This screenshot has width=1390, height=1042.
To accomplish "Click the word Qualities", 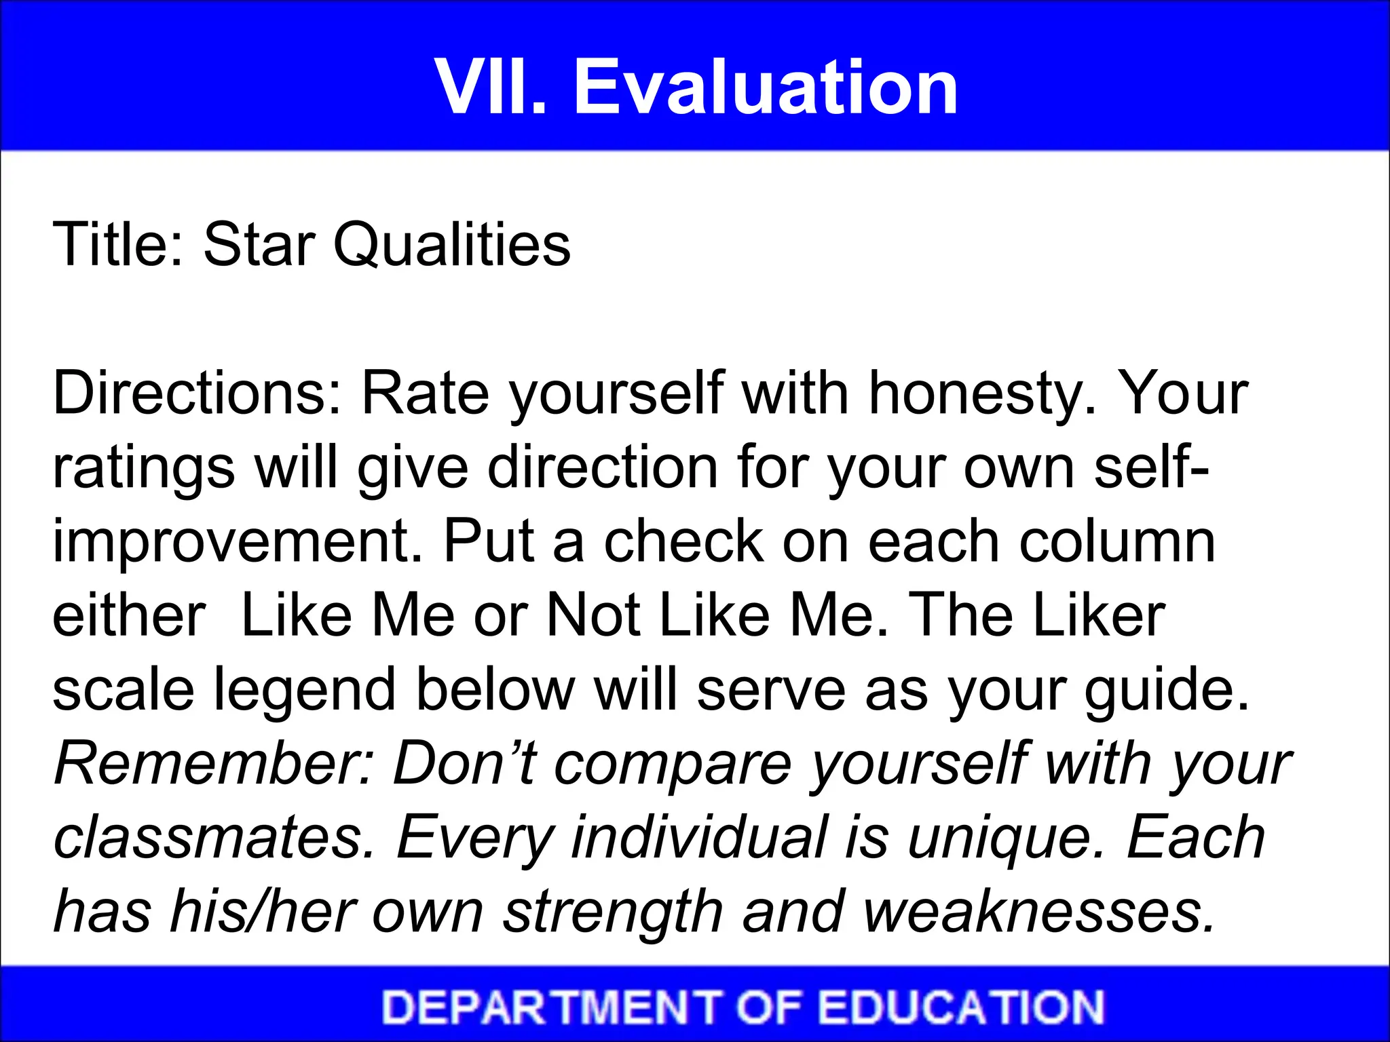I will [x=451, y=246].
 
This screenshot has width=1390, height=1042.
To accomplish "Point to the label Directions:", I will [x=198, y=393].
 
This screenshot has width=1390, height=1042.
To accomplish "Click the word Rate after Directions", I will [x=425, y=393].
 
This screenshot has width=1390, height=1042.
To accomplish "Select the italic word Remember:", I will [x=214, y=763].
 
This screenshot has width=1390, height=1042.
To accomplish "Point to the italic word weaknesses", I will [x=1039, y=911].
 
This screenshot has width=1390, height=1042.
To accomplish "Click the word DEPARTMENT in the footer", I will [x=550, y=1007].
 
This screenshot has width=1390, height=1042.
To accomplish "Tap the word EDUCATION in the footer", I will [x=961, y=1007].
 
